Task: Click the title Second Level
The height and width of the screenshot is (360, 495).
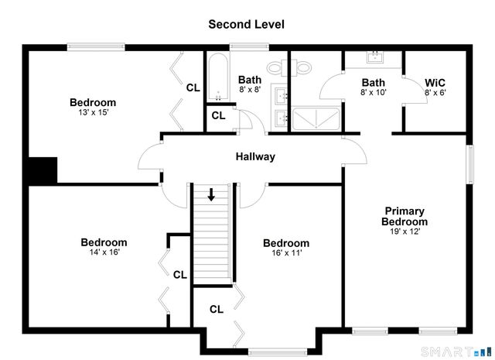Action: [x=246, y=24]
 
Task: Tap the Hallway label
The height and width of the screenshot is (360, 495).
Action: [x=255, y=156]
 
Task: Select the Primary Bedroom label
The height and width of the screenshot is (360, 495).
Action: [x=404, y=216]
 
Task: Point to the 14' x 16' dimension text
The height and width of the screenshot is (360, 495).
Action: [x=104, y=252]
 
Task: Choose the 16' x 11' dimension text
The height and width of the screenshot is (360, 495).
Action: [x=285, y=253]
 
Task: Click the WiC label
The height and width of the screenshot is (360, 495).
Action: [x=435, y=83]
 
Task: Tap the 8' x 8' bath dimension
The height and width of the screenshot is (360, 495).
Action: [x=250, y=90]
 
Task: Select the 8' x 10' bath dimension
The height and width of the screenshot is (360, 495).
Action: [x=374, y=93]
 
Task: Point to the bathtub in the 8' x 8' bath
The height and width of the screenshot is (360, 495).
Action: [x=217, y=77]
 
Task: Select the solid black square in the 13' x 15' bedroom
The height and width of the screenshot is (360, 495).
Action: [x=42, y=170]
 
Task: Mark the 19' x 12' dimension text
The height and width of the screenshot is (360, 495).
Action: [x=404, y=231]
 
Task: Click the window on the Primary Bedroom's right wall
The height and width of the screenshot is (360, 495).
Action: [x=469, y=160]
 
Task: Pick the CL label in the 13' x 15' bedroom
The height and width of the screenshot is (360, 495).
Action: [x=193, y=87]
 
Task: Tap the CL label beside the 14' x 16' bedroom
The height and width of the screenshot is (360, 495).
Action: [x=179, y=274]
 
